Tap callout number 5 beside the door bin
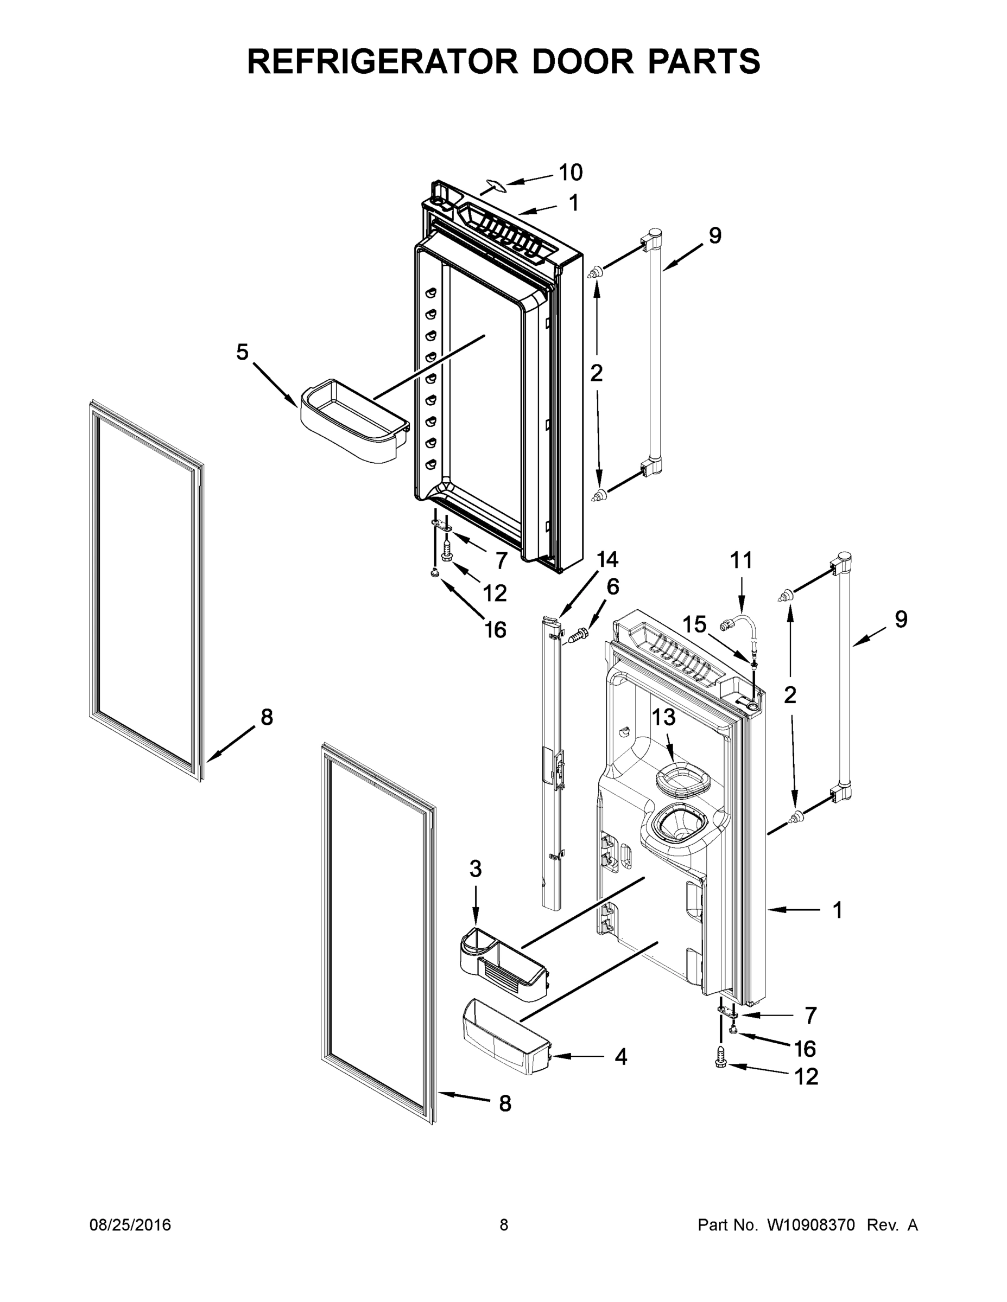[x=242, y=352]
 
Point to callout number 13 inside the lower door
[x=663, y=717]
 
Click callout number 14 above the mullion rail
[x=607, y=559]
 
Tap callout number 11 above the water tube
[x=742, y=561]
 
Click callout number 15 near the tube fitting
[x=694, y=625]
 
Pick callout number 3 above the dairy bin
[x=475, y=869]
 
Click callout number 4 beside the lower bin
[x=621, y=1057]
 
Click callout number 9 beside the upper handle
[x=715, y=236]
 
